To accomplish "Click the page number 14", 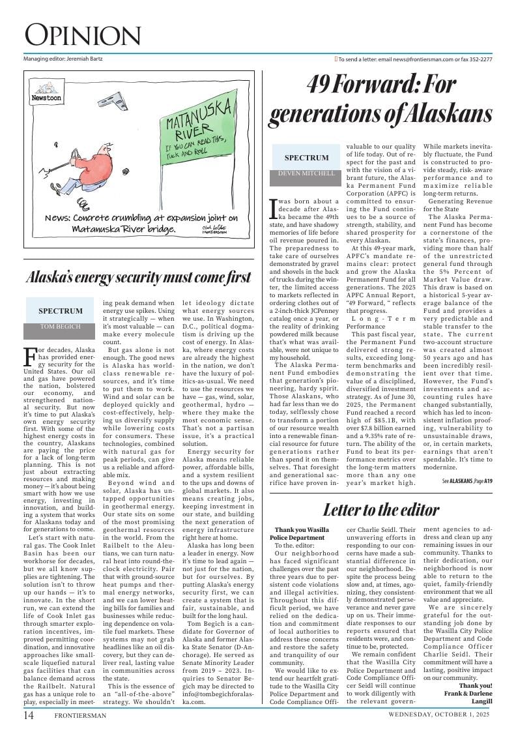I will click(29, 715).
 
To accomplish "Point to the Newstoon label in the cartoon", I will click(46, 98).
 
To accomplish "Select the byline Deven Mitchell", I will click(306, 173).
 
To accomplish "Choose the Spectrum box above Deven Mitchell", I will click(306, 158).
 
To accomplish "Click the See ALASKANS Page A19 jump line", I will click(467, 481).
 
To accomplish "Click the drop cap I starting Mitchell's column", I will click(274, 208).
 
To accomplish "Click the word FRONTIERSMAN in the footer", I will click(80, 715).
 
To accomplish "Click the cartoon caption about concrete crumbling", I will click(141, 224).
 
